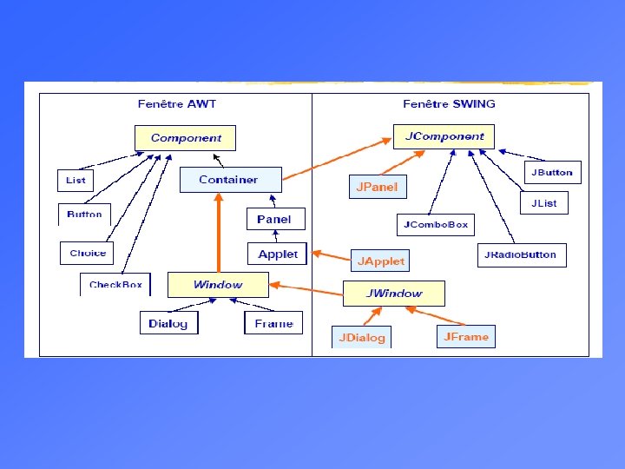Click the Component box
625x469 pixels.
coord(186,137)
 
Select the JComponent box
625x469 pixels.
coord(444,136)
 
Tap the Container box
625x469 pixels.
coord(229,180)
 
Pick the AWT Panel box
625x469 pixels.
coord(274,219)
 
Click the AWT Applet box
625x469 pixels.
coord(278,254)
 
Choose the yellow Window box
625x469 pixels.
coord(218,284)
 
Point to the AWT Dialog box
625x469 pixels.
coord(168,323)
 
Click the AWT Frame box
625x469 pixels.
coord(273,323)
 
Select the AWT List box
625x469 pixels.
coord(76,180)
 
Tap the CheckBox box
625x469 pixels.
coord(115,285)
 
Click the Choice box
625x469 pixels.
coord(88,253)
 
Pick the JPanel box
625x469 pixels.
coord(378,187)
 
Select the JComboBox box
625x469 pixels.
coord(436,224)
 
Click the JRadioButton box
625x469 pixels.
coord(522,255)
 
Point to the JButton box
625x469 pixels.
coord(552,172)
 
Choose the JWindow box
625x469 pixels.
coord(394,293)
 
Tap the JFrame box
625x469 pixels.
coord(466,336)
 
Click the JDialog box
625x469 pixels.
coord(361,337)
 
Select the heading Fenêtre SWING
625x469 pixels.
coord(449,103)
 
